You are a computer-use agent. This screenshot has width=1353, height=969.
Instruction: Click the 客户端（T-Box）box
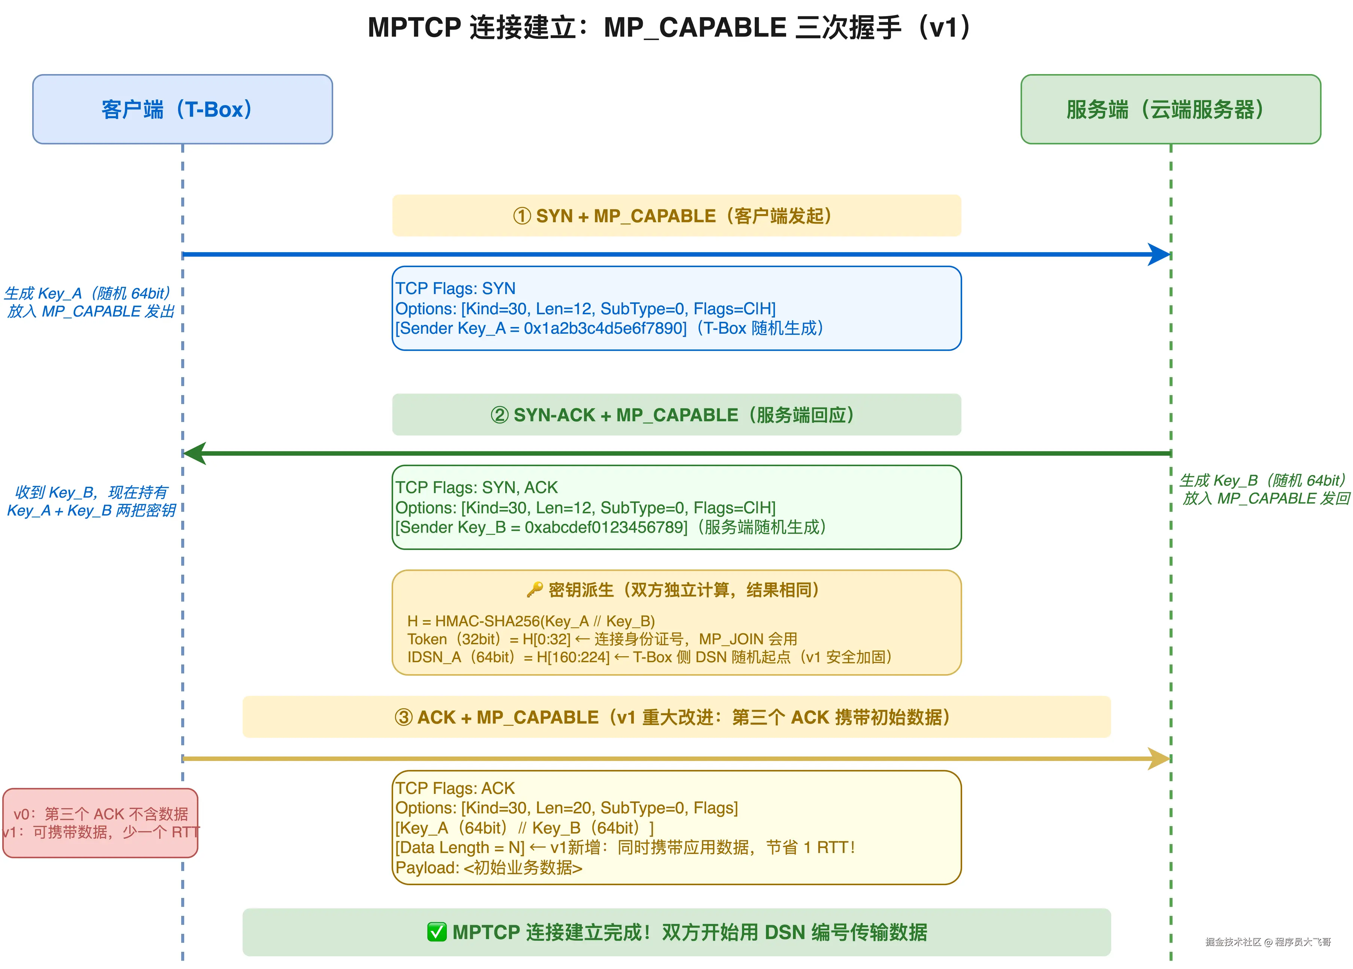tap(182, 109)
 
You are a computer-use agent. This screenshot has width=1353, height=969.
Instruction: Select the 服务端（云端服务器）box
tap(1170, 109)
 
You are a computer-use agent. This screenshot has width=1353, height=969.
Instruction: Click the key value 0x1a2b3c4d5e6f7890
tap(604, 328)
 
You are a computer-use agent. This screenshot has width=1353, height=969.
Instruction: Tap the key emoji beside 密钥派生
tap(535, 590)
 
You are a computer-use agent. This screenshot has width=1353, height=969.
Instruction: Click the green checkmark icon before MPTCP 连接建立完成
tap(437, 932)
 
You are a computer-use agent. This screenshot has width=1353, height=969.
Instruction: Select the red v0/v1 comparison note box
tap(100, 823)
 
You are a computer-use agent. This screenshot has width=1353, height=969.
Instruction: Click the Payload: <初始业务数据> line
tap(489, 868)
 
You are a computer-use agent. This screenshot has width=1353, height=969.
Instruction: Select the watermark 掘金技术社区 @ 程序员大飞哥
tap(1268, 942)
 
